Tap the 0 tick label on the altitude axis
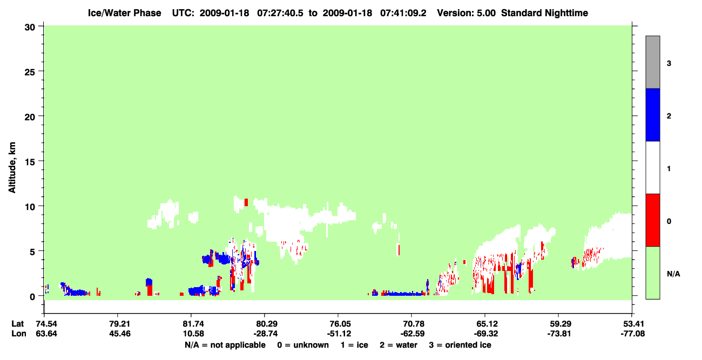pos(32,297)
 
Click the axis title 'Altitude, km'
pos(12,167)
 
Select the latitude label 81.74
pos(193,324)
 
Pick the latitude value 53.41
pos(632,324)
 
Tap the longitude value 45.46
pos(120,334)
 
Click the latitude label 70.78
pos(413,324)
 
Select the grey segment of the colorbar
pos(652,62)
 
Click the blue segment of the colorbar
pos(652,114)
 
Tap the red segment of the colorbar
pos(652,220)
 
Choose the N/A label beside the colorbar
pos(673,274)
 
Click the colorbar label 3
pos(669,64)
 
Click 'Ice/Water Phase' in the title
pos(124,13)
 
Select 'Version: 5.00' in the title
pos(467,13)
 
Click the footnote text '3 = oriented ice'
pos(460,345)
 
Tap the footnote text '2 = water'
pos(399,345)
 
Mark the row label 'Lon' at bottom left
pos(19,334)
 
